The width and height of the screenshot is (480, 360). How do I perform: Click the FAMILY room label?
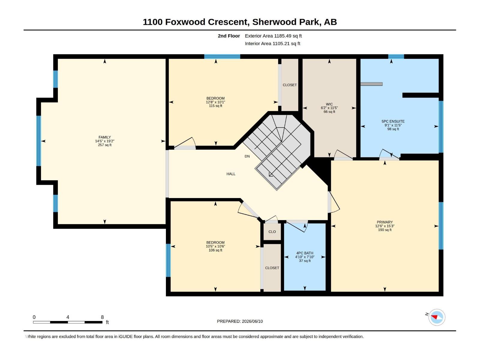point(104,137)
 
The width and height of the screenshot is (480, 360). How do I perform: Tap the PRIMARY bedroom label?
point(385,222)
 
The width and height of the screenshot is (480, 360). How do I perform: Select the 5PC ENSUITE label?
point(393,121)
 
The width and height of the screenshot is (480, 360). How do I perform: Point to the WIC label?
point(329,104)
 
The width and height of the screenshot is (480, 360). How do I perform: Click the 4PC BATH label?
point(304,253)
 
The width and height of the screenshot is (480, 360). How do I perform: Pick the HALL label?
point(231,174)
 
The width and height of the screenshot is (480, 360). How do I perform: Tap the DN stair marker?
point(247,156)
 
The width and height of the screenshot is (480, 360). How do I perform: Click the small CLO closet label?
point(272,232)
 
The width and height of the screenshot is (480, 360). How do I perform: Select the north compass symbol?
point(436,317)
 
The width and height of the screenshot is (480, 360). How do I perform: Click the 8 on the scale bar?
point(102,317)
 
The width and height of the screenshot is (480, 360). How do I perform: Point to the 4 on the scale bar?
point(68,317)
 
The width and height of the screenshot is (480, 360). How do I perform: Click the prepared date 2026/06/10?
point(252,321)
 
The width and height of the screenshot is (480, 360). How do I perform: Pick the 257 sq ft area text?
point(105,145)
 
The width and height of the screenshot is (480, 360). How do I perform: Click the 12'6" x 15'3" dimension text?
point(385,226)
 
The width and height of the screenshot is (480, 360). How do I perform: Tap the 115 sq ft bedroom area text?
point(215,106)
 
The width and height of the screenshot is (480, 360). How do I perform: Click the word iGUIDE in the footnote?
point(125,337)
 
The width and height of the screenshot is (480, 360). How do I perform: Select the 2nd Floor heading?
point(229,36)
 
